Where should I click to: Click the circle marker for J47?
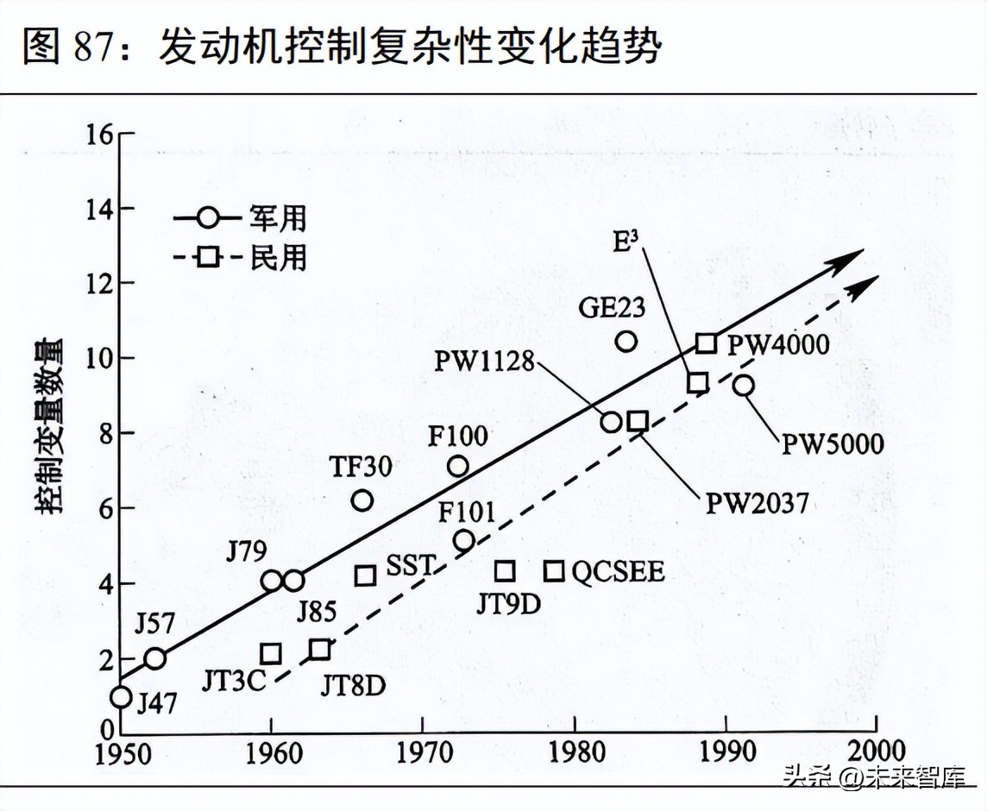(121, 696)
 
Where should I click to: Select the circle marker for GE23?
(626, 341)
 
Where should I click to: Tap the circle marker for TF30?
(362, 500)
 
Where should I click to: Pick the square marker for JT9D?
(505, 570)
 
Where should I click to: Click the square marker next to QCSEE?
(554, 570)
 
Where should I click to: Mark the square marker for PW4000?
(707, 343)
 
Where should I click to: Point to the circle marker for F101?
(464, 541)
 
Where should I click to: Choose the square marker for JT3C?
(271, 654)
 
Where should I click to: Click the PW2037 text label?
(757, 502)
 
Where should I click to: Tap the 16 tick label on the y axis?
(98, 135)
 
